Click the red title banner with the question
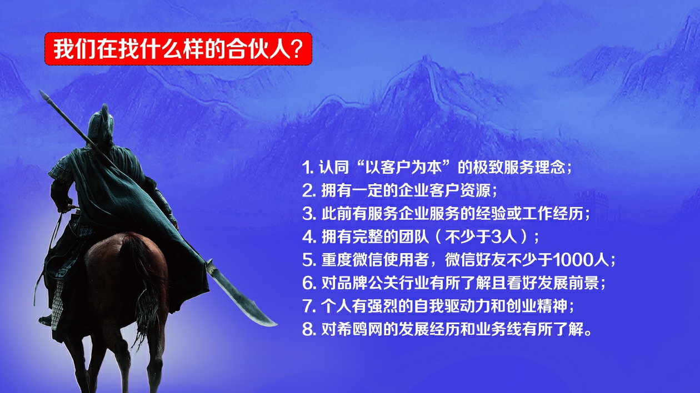(x=178, y=49)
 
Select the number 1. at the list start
(x=308, y=168)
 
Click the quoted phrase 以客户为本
(x=404, y=167)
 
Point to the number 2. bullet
(x=309, y=191)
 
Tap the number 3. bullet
(x=309, y=214)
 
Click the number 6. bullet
(x=309, y=283)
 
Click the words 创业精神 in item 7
(x=537, y=306)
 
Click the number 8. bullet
(x=309, y=329)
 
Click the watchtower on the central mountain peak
(x=426, y=59)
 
